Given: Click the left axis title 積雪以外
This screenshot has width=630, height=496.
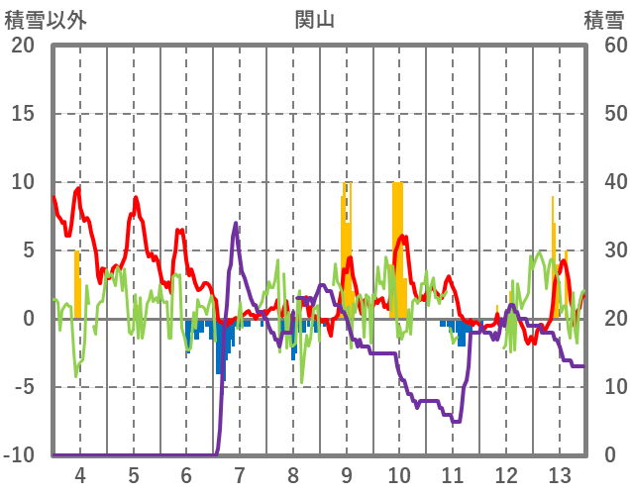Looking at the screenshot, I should click(45, 18).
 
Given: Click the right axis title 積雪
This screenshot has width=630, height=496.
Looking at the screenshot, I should click(602, 18).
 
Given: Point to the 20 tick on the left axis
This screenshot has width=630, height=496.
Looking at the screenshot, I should click(23, 46).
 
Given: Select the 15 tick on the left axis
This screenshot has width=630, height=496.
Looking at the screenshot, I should click(23, 114).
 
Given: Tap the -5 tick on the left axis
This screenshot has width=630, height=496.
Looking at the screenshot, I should click(23, 386).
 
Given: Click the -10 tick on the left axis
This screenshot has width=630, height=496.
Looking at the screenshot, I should click(19, 454).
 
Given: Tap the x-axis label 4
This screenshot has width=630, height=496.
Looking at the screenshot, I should click(79, 473).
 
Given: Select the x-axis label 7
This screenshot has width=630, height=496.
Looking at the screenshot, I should click(239, 473).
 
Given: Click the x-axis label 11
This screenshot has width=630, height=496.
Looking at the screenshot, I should click(453, 473).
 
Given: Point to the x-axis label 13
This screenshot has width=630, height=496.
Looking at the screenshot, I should click(560, 473).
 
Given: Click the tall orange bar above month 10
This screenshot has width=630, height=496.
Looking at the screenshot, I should click(398, 248).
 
